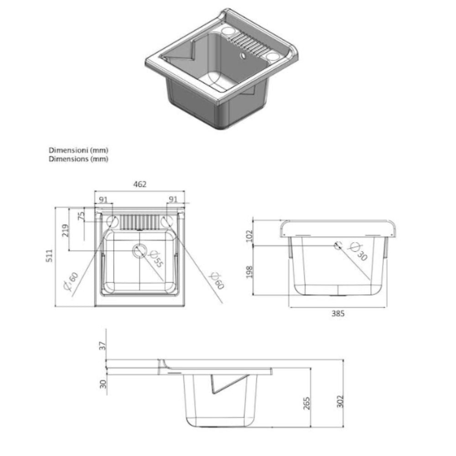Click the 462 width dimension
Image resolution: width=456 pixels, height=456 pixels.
(140, 184)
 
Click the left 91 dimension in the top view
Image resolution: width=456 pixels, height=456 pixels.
(103, 199)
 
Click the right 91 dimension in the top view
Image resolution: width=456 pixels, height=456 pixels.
(173, 199)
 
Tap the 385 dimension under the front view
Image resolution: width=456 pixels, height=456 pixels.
(338, 314)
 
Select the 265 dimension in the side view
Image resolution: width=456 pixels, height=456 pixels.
(306, 404)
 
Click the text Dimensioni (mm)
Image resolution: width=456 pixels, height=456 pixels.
(79, 150)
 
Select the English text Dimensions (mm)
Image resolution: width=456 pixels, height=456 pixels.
(79, 159)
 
